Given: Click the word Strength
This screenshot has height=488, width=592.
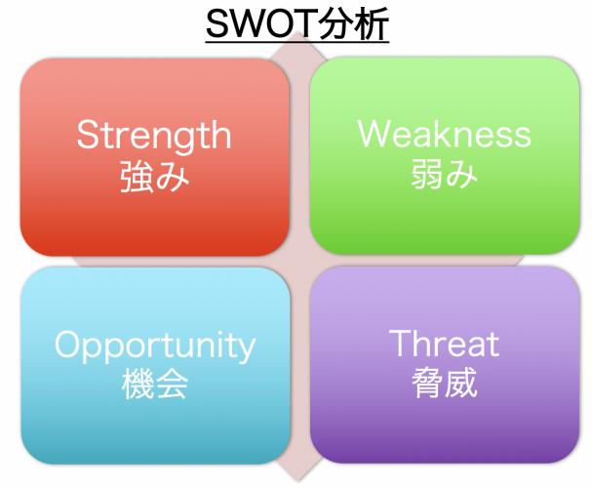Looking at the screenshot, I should pos(154,135).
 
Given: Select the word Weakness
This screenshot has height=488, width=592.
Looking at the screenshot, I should pos(445,134).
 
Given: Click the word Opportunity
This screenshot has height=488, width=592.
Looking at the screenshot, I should pos(155,345).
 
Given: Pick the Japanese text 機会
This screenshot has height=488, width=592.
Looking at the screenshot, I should pos(155,384).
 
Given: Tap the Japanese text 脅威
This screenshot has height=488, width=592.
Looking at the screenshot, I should pos(444,384).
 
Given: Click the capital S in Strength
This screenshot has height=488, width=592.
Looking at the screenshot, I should pos(88,135).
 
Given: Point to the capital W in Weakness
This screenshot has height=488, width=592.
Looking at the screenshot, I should pos(374,134).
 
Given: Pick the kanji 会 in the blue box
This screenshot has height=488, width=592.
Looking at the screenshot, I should pos(173,384).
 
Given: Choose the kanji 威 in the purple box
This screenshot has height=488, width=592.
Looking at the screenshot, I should pos(461,384).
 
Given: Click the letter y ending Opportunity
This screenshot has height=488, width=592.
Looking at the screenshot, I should pos(246,348).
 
